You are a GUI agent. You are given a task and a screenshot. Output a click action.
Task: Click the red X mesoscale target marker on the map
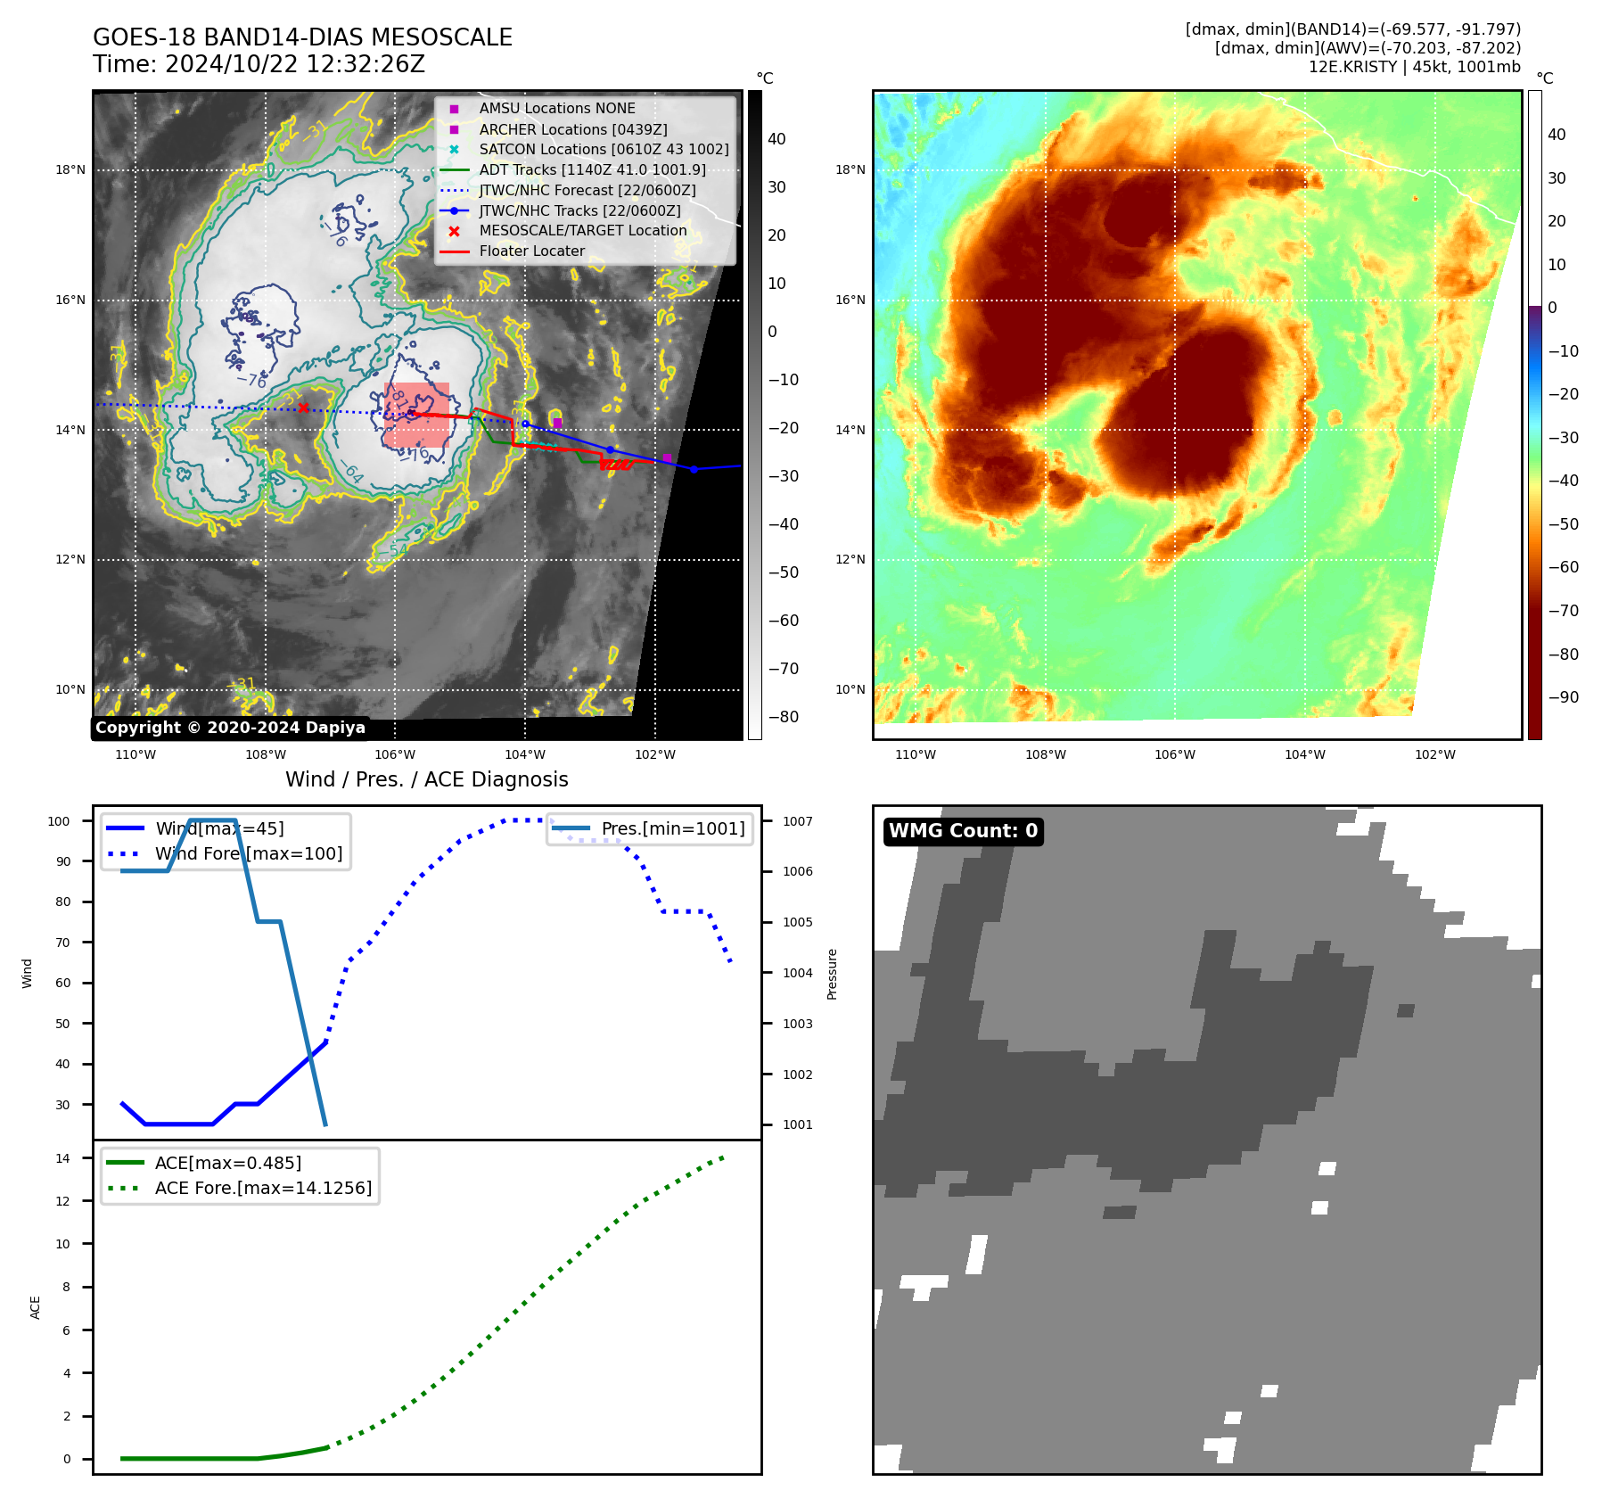click(x=303, y=408)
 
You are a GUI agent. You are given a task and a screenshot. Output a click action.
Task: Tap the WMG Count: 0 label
click(x=963, y=831)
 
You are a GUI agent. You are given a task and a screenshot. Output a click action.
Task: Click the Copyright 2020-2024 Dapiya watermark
click(x=230, y=728)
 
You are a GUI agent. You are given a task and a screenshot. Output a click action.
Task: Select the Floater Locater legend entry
click(x=531, y=251)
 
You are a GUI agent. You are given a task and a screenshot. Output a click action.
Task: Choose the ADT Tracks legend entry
click(x=592, y=169)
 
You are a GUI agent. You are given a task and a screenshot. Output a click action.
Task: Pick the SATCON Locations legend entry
click(x=604, y=150)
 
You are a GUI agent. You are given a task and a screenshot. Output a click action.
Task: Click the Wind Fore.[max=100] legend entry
click(x=249, y=853)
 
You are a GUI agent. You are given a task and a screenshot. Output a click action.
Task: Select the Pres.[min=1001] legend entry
click(x=672, y=828)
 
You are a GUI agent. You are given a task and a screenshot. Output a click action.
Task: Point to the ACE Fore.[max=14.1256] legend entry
click(x=263, y=1188)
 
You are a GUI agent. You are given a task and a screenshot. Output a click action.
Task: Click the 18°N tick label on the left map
click(x=70, y=170)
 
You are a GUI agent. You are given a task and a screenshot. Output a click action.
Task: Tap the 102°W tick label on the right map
click(x=1434, y=754)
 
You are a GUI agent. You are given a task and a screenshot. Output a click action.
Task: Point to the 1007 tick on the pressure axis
click(x=798, y=821)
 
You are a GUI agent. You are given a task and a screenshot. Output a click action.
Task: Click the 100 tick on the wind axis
click(x=59, y=821)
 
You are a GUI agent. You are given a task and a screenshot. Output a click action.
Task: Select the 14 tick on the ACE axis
click(x=62, y=1158)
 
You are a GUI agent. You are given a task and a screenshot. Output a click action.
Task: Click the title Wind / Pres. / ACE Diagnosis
click(x=426, y=779)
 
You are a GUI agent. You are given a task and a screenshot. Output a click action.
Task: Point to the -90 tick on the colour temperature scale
click(x=1563, y=697)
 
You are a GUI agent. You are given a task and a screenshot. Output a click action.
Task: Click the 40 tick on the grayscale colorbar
click(x=776, y=139)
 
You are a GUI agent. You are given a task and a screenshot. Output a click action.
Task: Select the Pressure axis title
click(x=832, y=974)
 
